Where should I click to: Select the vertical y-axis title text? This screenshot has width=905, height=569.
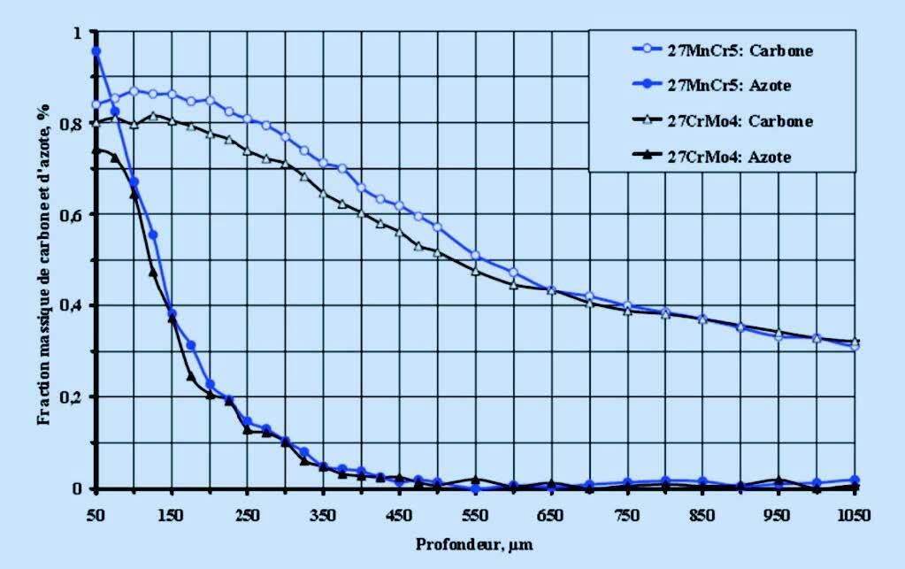pos(43,261)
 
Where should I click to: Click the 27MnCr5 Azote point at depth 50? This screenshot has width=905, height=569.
pos(96,51)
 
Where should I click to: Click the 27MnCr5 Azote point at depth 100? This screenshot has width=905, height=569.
pos(134,182)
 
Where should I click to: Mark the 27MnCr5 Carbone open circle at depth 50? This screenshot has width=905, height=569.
pos(96,104)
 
